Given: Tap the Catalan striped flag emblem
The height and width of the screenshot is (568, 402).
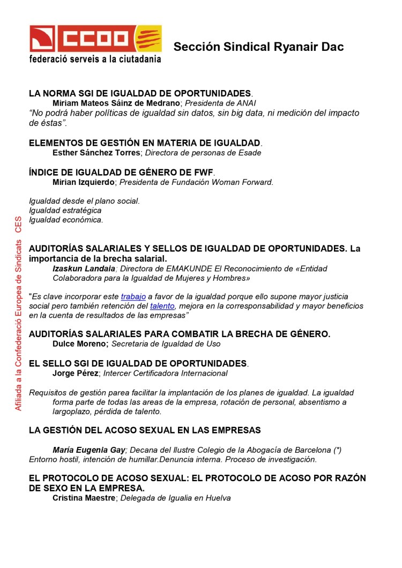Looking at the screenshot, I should click(147, 39).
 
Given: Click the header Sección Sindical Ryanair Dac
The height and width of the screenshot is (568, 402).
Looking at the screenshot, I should click(258, 47).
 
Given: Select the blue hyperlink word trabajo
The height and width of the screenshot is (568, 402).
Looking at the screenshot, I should click(133, 296).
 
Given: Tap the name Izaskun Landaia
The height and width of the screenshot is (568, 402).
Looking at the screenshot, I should click(84, 268).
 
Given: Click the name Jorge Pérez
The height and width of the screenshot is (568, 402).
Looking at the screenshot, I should click(75, 373).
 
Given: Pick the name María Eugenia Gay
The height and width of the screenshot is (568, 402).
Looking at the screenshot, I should click(89, 450).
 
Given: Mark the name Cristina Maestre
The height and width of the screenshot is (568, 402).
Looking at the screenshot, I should click(84, 498).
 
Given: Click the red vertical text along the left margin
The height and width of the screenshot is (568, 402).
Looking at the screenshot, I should click(18, 313).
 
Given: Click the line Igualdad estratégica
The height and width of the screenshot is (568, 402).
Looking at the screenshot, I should click(65, 211).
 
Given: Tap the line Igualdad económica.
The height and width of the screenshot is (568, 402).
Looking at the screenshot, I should click(66, 220).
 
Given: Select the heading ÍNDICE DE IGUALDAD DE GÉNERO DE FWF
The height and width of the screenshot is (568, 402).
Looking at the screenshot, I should click(121, 172).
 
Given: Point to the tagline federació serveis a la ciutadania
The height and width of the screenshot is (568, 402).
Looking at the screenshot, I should click(95, 59).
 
